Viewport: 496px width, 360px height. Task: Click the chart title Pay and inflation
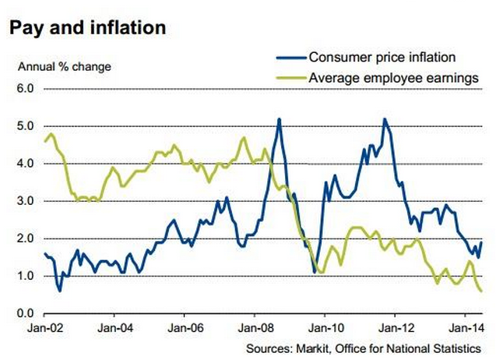(86, 27)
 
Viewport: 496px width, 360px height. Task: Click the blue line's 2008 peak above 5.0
(279, 119)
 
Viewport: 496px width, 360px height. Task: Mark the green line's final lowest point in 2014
(480, 291)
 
